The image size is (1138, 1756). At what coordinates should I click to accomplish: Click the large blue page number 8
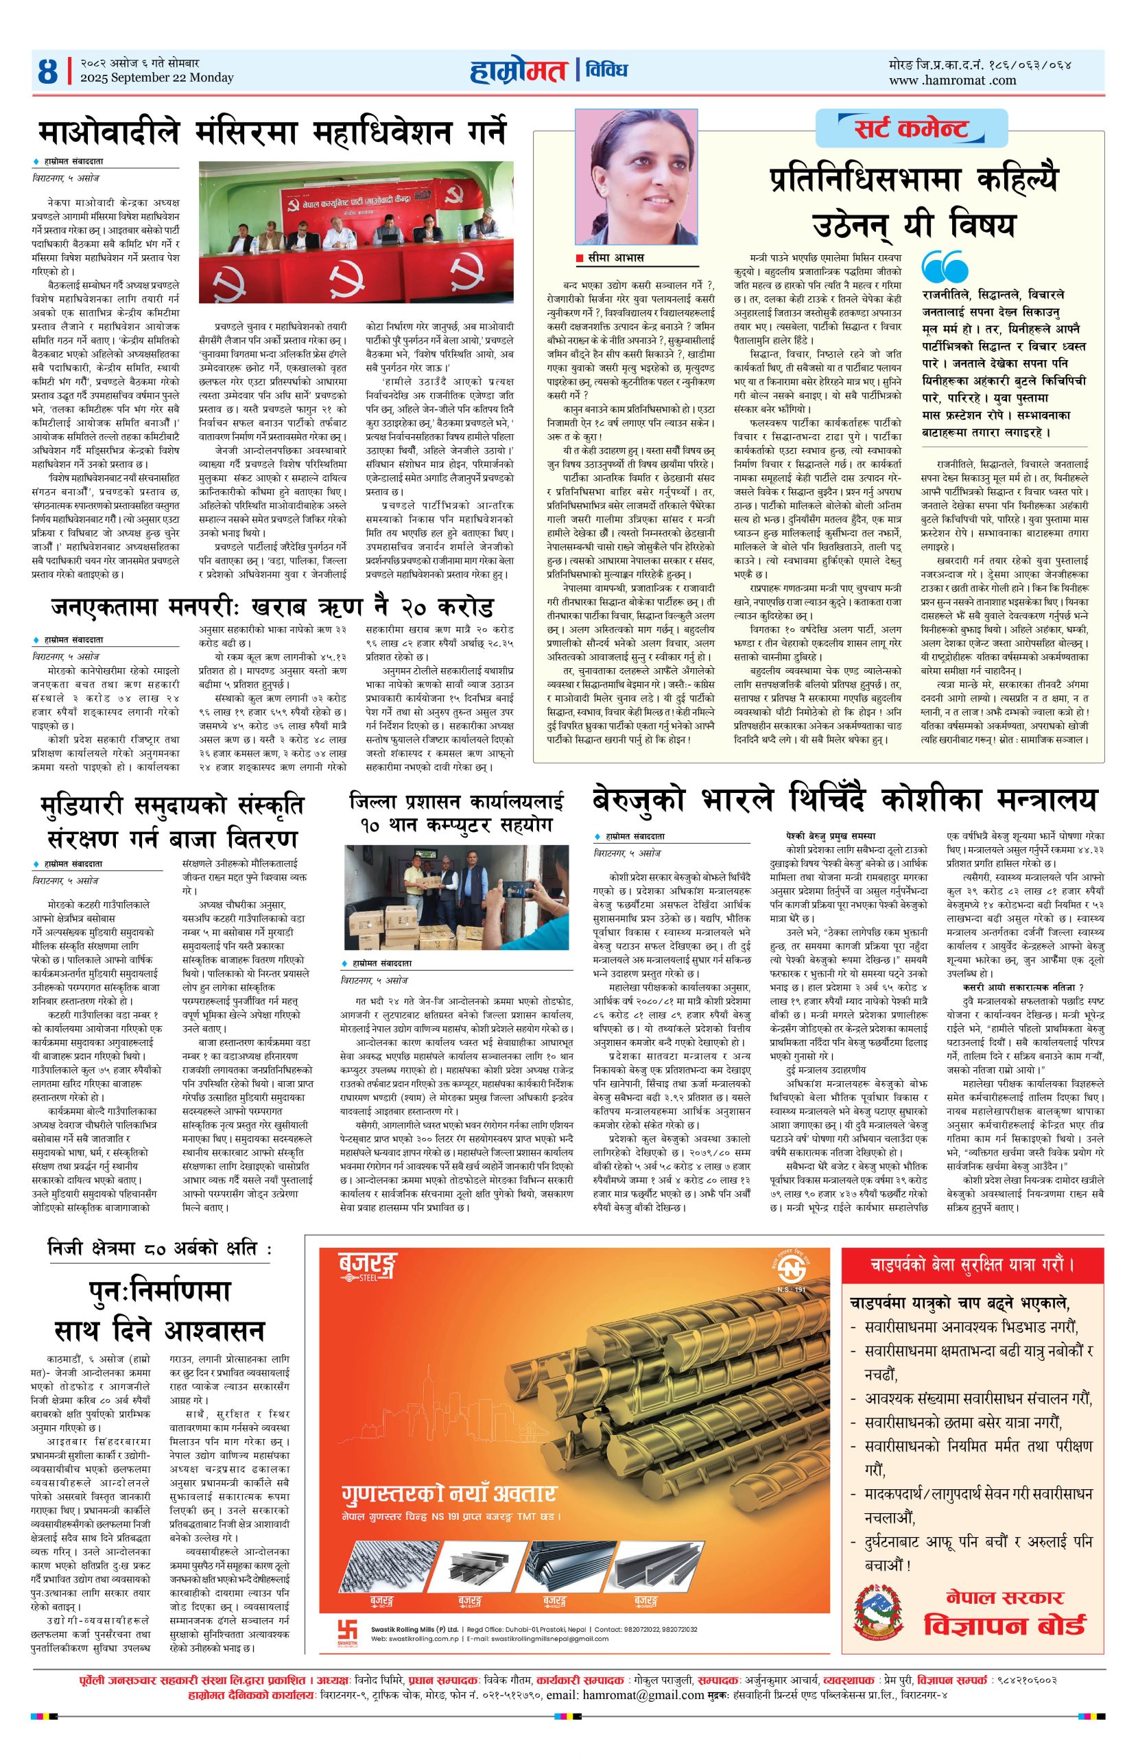(47, 71)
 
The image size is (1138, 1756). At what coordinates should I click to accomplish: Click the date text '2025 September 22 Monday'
(156, 78)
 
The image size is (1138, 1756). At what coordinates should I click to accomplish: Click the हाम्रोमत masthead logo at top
(519, 71)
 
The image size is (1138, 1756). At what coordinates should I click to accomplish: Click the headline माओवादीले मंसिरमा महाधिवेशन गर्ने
(273, 132)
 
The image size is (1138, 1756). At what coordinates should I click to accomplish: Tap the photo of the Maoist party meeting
(356, 231)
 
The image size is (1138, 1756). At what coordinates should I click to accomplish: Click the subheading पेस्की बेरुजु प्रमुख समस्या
(830, 837)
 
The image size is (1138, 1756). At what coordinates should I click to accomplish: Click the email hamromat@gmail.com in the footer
(643, 1674)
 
